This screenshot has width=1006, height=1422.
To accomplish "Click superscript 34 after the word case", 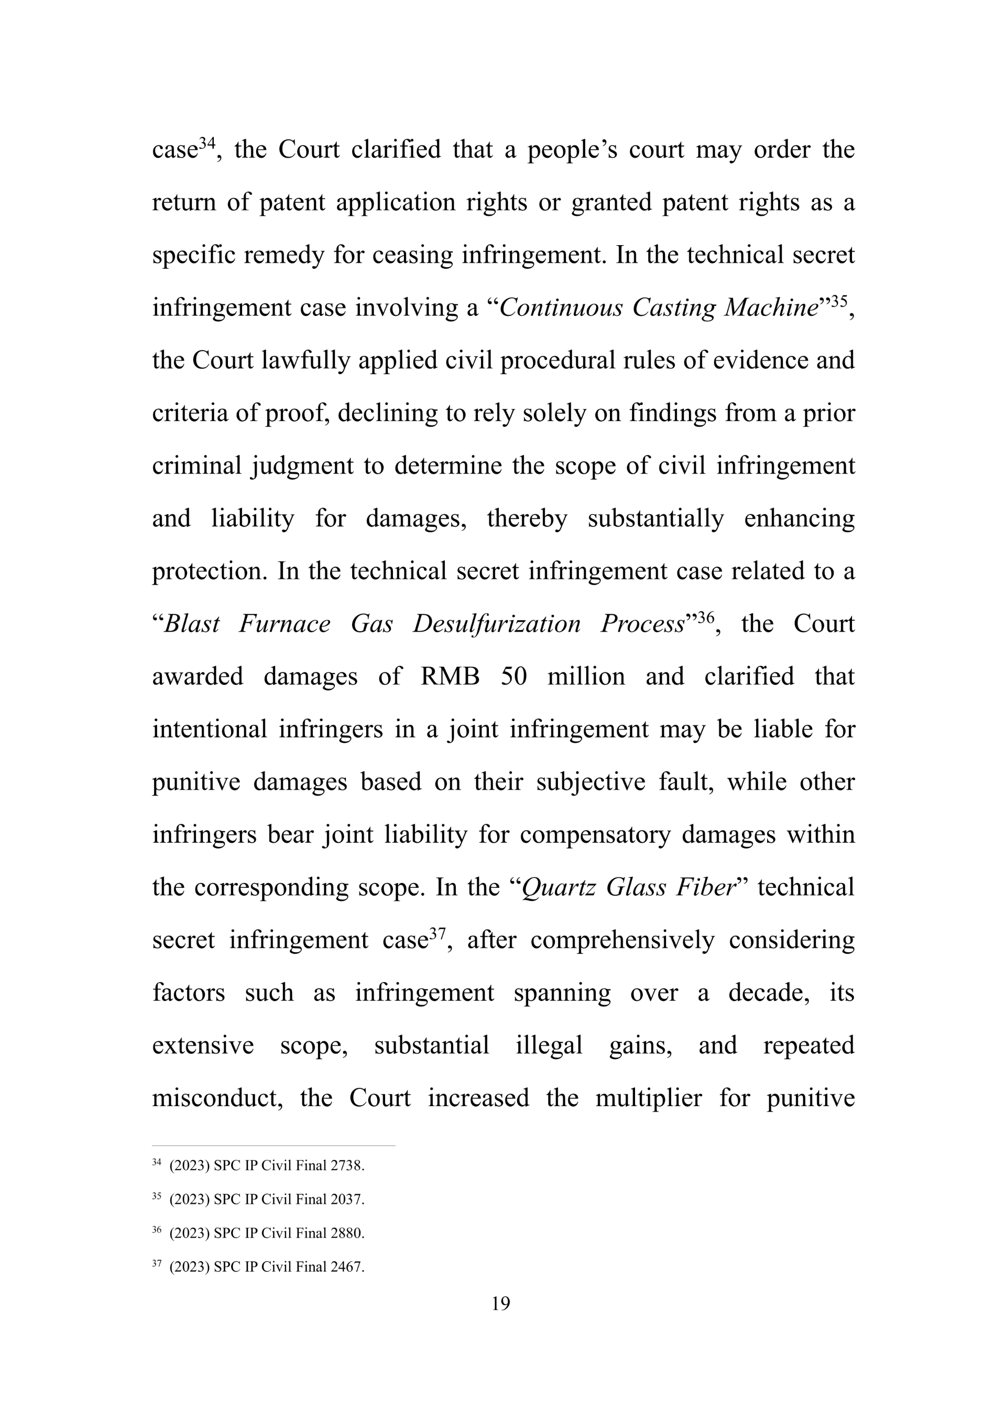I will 207,143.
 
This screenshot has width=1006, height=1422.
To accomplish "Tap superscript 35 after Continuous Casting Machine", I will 839,301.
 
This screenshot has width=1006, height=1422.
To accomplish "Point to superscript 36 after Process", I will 706,617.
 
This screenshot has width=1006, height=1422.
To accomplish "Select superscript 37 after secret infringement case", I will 438,933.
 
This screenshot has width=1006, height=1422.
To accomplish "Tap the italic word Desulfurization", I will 496,624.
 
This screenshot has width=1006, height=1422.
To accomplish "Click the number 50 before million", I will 513,676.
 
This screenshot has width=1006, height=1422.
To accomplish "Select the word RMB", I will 450,676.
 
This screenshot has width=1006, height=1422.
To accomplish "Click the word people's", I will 572,150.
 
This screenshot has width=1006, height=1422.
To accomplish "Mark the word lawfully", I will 305,360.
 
